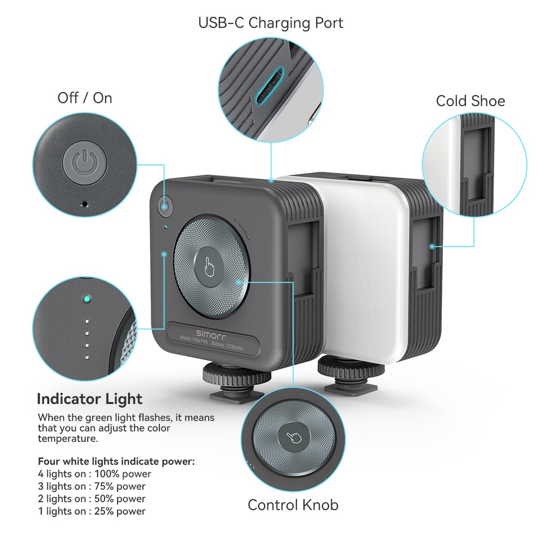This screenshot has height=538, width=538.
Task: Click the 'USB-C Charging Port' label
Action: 271,23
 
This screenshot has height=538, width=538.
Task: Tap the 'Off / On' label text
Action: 85,98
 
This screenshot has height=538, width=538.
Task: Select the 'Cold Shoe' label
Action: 470,101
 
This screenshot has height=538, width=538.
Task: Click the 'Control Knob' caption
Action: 293,505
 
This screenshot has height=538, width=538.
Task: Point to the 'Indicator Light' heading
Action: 89,399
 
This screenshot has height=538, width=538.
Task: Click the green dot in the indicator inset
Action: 86,300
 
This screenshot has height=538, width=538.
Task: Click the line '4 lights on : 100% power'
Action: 95,474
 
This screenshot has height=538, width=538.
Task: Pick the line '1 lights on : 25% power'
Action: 91,511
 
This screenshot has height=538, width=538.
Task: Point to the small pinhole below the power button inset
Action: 84,203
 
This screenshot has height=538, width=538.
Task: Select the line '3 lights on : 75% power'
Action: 91,487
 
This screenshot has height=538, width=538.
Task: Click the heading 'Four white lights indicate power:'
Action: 116,462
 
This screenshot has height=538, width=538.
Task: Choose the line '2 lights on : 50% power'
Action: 91,499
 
